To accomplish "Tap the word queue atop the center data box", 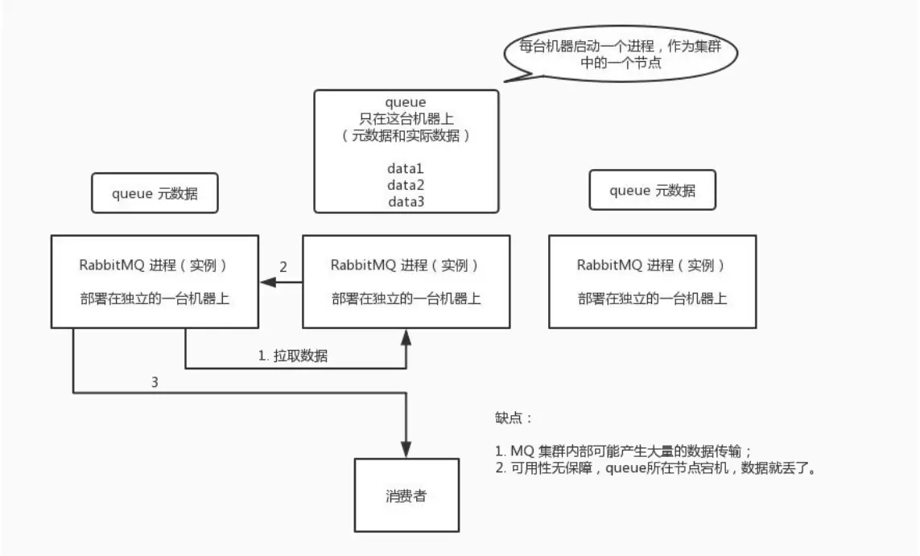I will tap(406, 102).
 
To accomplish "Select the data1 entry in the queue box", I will tap(406, 170).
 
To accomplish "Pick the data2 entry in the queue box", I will tap(406, 185).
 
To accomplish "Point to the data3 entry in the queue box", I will tap(406, 201).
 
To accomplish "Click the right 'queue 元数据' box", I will tap(652, 192).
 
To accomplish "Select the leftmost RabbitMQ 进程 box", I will tap(155, 282).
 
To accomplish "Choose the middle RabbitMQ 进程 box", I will tap(406, 282).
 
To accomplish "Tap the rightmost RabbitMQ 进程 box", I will tap(652, 282).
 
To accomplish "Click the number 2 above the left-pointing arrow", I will tap(283, 266).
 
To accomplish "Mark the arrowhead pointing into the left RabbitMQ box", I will tap(266, 282).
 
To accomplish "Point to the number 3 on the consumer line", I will tap(155, 382).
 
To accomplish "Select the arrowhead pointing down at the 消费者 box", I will tap(406, 451).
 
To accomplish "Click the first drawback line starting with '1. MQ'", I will tap(624, 451).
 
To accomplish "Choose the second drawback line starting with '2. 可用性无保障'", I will tap(656, 468).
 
